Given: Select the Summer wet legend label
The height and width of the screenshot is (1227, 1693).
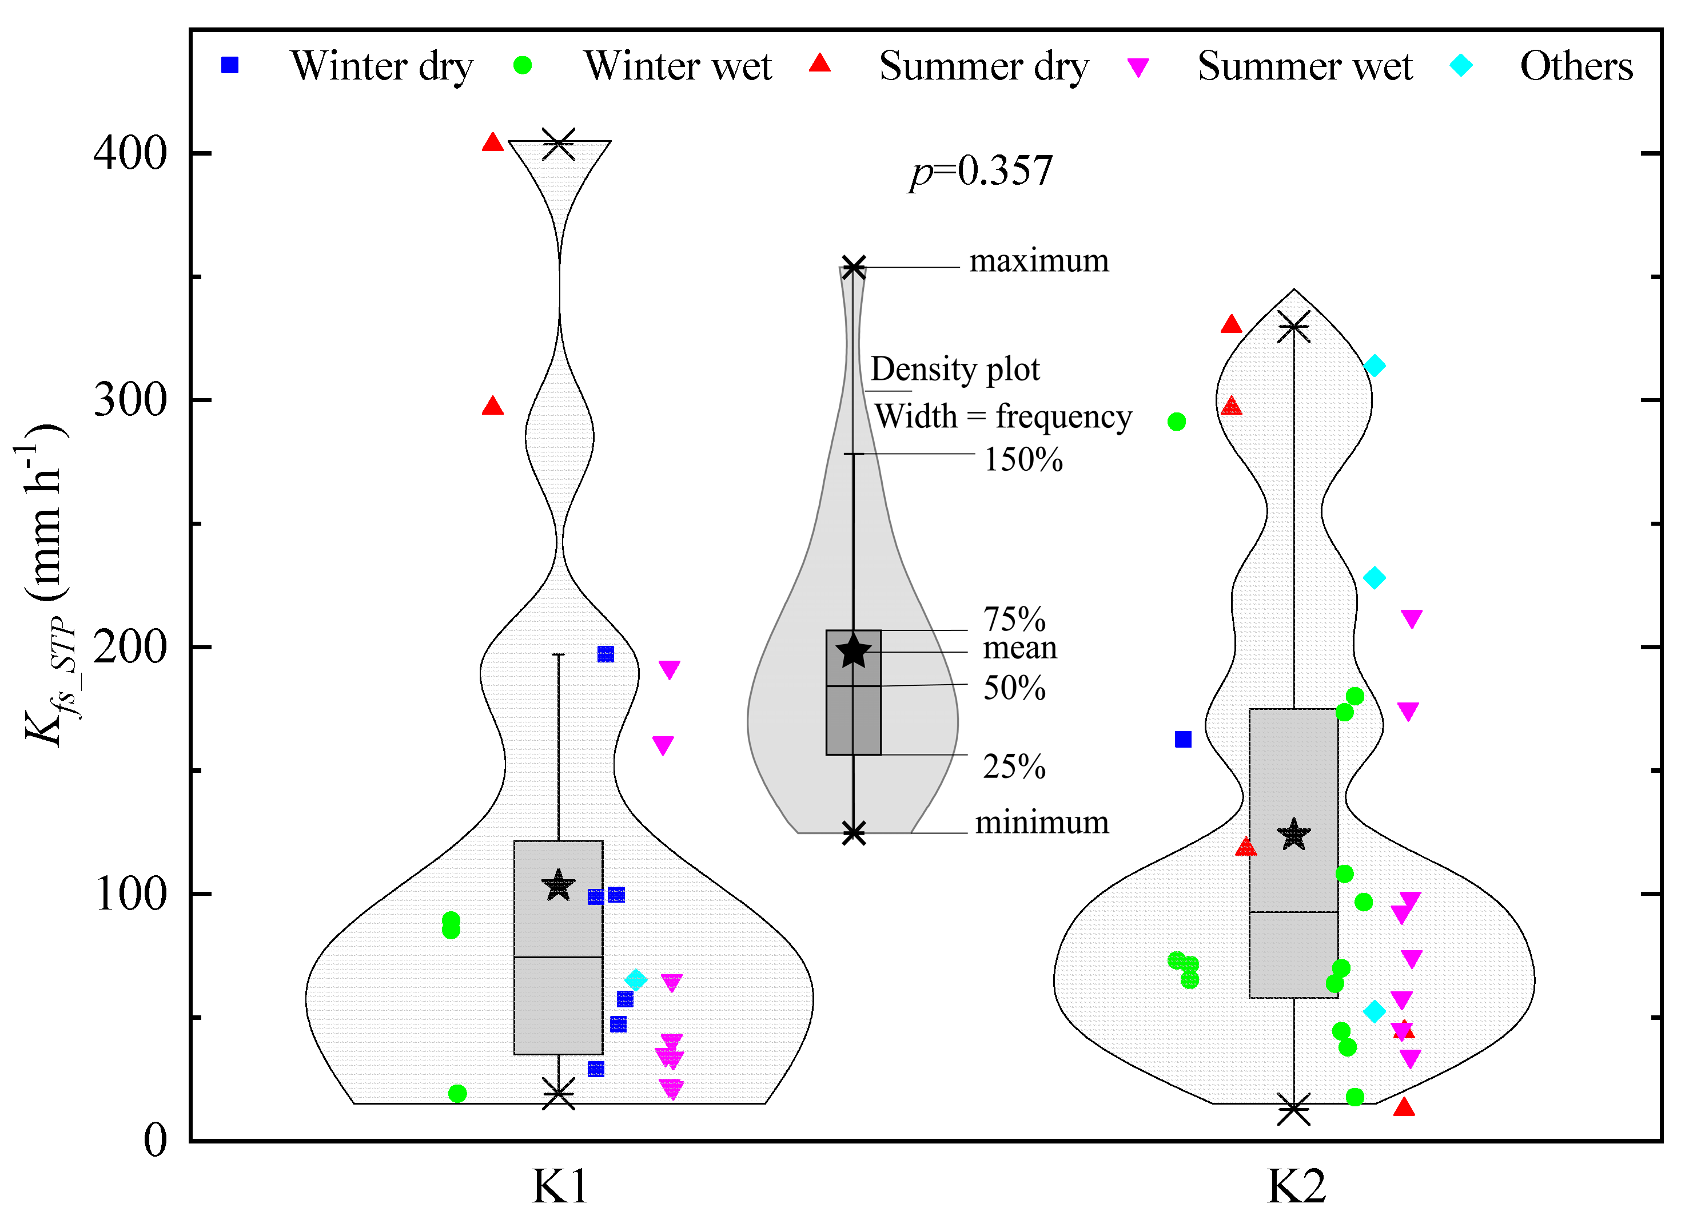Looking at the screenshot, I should pyautogui.click(x=1304, y=66).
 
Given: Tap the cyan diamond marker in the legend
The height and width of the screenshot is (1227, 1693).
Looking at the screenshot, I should pyautogui.click(x=1460, y=66).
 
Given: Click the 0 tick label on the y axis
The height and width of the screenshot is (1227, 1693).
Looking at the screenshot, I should pyautogui.click(x=156, y=1141).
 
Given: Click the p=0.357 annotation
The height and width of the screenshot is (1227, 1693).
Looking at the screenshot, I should pyautogui.click(x=980, y=171).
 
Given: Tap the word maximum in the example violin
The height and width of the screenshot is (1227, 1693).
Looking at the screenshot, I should pyautogui.click(x=1038, y=261).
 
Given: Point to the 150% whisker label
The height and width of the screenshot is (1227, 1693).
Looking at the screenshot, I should pyautogui.click(x=1023, y=459).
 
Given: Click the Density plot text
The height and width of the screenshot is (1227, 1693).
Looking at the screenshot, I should pyautogui.click(x=955, y=369).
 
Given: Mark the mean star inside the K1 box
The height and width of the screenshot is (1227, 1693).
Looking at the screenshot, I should pyautogui.click(x=559, y=887).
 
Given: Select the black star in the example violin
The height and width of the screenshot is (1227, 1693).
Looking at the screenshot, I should pyautogui.click(x=853, y=652).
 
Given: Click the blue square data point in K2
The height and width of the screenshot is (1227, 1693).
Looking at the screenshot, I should pyautogui.click(x=1183, y=739).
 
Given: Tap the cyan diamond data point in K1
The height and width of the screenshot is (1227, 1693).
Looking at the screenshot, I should pyautogui.click(x=635, y=980).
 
